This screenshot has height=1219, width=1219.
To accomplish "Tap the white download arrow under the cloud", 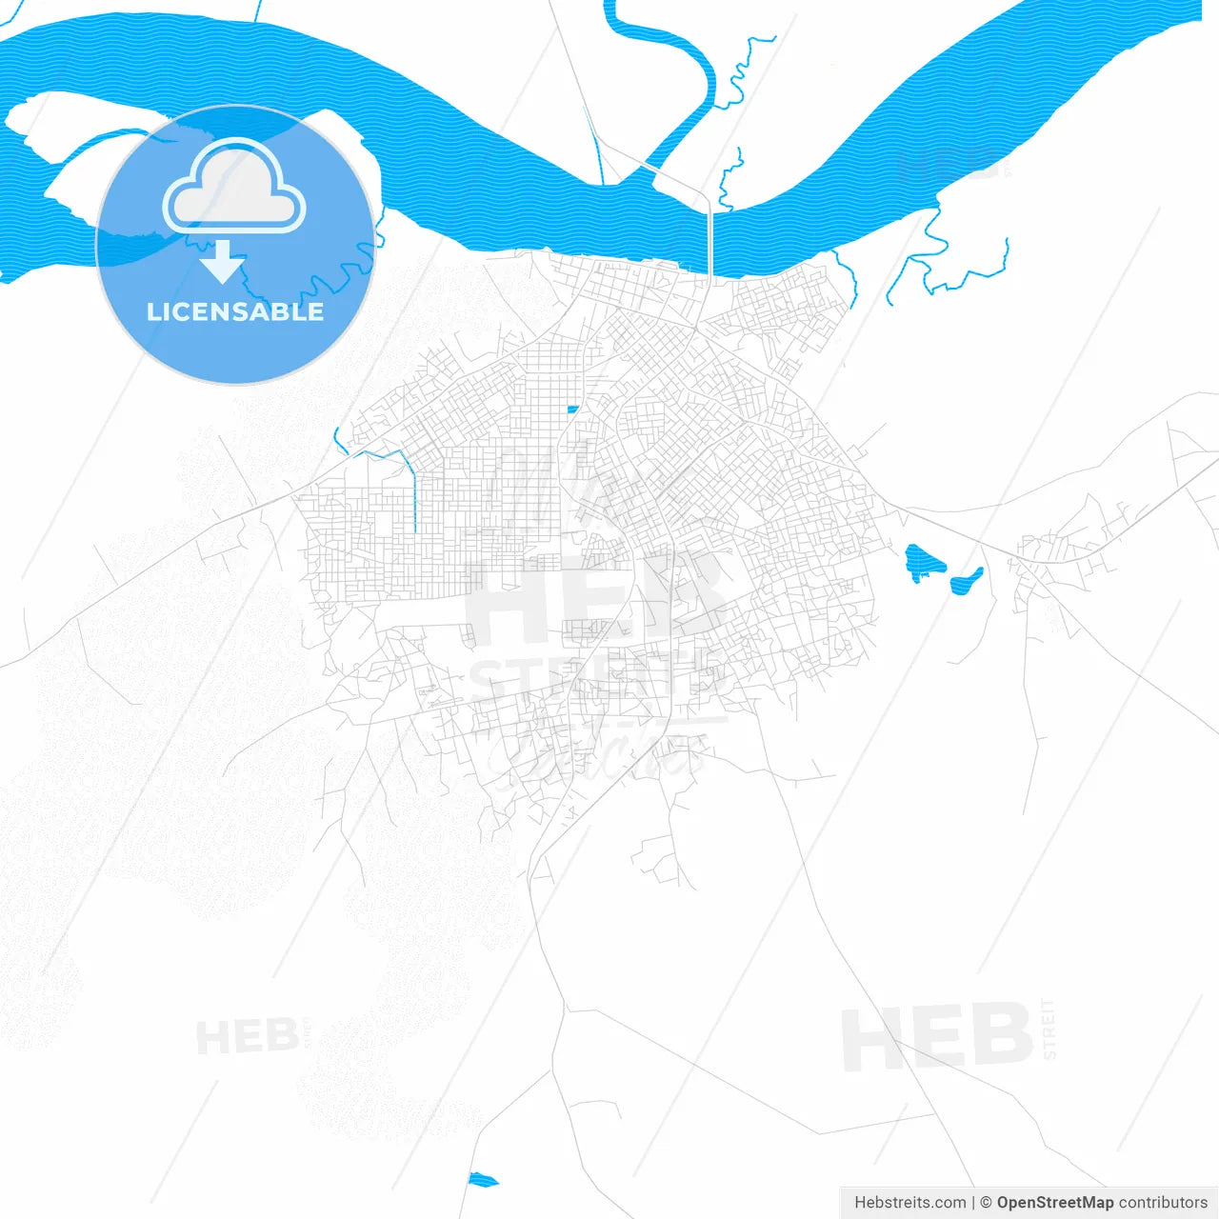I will pos(224,261).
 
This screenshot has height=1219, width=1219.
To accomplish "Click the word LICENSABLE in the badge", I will pos(235,311).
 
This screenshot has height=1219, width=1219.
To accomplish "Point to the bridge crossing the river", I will pos(710,238).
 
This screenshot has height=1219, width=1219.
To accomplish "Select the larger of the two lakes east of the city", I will pos(923,562).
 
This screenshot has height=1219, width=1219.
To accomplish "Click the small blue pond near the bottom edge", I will pos(482,1180).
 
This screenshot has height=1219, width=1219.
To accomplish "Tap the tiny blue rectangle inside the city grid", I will pos(572,410).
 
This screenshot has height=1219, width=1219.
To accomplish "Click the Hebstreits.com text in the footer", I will pos(909,1203).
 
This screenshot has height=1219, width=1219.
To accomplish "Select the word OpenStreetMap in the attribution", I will pos(1054,1203).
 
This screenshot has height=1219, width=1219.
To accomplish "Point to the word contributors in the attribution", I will pos(1163,1203).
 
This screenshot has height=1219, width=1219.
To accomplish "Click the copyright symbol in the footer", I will pos(986,1203).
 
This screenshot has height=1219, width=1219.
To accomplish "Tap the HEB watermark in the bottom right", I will pos(937,1037).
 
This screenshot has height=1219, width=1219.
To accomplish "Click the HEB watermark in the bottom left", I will pos(247,1036).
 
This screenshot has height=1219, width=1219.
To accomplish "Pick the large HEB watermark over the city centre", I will pos(595,595).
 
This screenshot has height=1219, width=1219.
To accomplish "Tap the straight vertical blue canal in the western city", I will pos(415,495).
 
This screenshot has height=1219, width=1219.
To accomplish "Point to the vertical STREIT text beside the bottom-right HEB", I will pos(1049,1029).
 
